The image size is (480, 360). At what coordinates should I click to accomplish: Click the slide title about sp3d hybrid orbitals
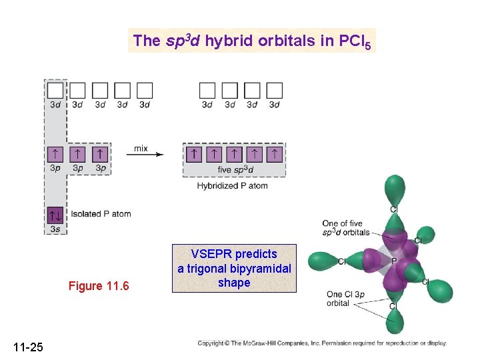point(253,41)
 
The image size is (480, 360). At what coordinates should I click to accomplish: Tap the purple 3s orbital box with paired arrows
point(55,215)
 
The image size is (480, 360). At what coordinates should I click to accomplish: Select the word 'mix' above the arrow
point(141,149)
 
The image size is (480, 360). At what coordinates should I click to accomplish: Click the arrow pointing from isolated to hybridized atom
point(147,155)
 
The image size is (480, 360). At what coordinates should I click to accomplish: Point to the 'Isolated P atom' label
point(101,214)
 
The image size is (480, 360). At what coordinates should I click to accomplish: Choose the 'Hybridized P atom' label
point(232,186)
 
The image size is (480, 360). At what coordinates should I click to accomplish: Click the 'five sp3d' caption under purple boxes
point(233,170)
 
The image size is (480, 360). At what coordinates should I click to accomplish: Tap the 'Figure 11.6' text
point(99,287)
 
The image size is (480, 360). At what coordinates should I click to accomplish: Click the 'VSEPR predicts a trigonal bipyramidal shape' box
point(234,268)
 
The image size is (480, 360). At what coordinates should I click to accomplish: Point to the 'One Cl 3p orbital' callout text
point(345,299)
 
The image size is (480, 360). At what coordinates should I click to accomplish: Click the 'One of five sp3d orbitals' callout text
point(345,228)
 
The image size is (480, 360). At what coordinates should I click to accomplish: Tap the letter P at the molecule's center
point(394,261)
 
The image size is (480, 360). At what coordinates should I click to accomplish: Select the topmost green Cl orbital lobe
point(394,188)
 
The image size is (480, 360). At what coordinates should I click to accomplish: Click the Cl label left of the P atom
point(341,261)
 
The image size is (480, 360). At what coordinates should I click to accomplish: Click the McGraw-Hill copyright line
point(321,343)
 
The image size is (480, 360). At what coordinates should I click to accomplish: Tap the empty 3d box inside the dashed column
point(56,90)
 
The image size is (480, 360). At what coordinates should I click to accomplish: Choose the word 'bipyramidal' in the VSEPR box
point(263,269)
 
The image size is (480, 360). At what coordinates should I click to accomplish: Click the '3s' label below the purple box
point(55,229)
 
